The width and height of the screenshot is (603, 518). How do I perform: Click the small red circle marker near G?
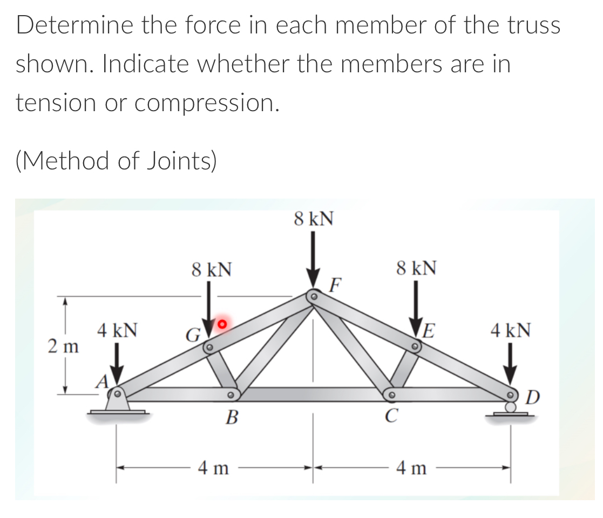[221, 324]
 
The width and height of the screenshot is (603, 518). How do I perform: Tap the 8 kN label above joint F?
[314, 219]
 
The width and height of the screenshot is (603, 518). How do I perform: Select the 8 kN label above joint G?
[212, 269]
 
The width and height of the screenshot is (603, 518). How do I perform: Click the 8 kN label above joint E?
[417, 267]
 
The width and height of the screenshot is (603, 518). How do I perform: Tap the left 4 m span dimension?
[214, 468]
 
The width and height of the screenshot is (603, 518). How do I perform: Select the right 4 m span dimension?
[411, 468]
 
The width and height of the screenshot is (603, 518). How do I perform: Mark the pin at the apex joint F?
[314, 296]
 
